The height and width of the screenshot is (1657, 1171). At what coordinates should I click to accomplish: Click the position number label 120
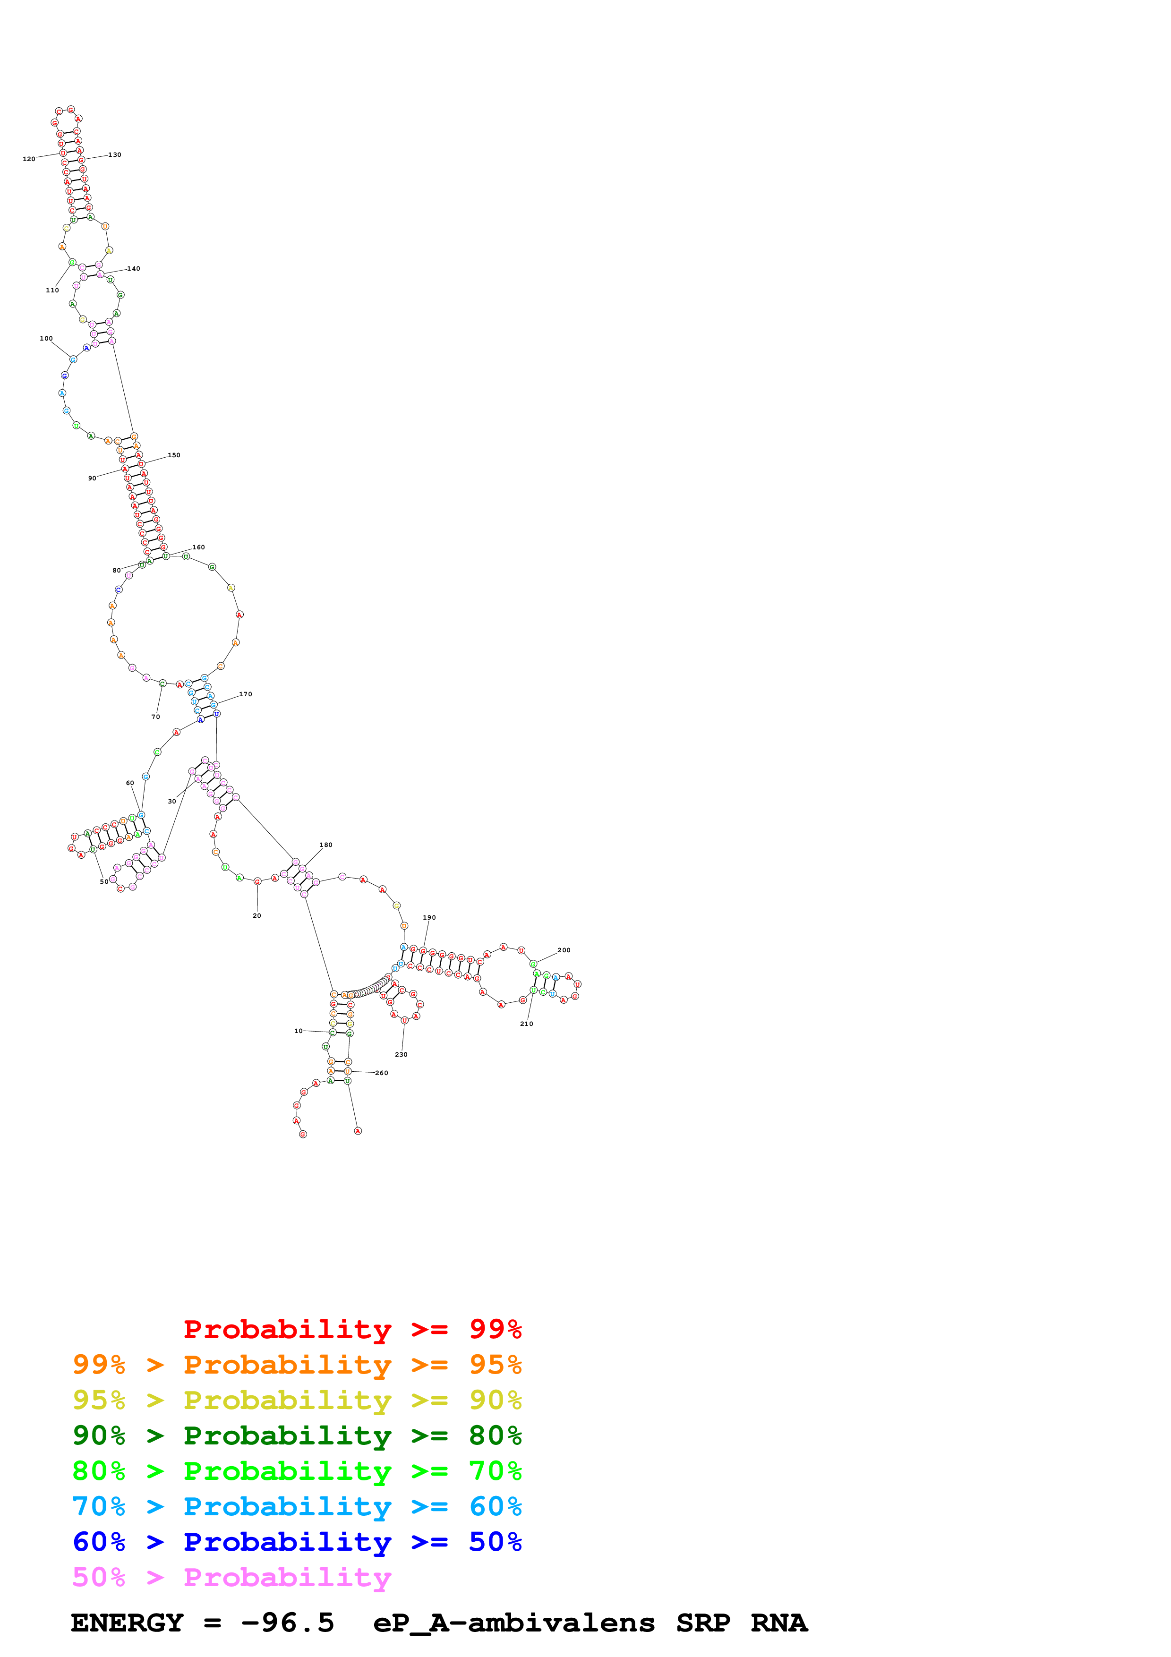pyautogui.click(x=29, y=159)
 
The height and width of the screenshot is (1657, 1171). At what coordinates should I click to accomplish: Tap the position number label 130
pyautogui.click(x=115, y=155)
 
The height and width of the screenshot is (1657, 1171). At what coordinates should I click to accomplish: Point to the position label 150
pyautogui.click(x=174, y=455)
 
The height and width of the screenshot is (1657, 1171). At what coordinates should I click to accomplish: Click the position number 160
pyautogui.click(x=198, y=547)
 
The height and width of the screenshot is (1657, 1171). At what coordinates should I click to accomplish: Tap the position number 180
pyautogui.click(x=326, y=845)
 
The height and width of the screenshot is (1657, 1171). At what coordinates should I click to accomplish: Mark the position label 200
pyautogui.click(x=564, y=950)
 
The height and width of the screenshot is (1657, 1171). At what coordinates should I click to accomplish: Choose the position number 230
pyautogui.click(x=401, y=1054)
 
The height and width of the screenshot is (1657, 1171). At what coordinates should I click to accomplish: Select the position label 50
pyautogui.click(x=104, y=882)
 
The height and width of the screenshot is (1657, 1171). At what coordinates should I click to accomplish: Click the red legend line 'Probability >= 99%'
pyautogui.click(x=352, y=1329)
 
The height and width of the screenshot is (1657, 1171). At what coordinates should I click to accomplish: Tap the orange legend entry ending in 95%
pyautogui.click(x=297, y=1365)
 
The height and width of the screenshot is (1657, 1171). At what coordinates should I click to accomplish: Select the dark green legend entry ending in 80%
pyautogui.click(x=297, y=1435)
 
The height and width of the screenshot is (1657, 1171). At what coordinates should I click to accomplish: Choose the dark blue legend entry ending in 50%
pyautogui.click(x=297, y=1542)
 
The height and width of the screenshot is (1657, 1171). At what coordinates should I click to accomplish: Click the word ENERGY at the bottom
pyautogui.click(x=127, y=1623)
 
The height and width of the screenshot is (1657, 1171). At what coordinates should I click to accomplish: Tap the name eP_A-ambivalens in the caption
pyautogui.click(x=514, y=1623)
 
